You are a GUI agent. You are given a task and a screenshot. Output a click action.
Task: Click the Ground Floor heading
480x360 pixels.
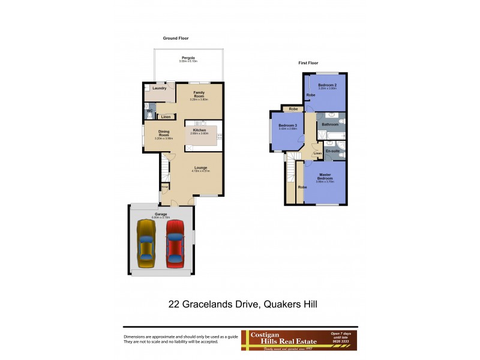pos(176,38)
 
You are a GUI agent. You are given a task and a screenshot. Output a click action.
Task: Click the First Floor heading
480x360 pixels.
pos(308,62)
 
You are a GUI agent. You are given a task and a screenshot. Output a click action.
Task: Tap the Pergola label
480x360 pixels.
pos(188,58)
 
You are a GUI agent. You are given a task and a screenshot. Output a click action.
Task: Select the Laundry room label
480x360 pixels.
pos(159,88)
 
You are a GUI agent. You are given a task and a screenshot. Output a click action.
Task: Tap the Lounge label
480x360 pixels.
pos(200,167)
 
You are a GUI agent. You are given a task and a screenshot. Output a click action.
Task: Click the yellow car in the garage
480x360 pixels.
pos(146,243)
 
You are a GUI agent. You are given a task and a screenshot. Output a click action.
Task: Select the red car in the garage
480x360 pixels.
pos(175,242)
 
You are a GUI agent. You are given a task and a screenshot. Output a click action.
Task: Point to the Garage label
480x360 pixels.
pos(161,214)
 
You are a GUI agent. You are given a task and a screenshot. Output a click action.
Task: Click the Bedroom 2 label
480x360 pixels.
pos(328,85)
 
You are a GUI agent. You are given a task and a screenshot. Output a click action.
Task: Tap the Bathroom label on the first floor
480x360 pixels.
pos(330,124)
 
